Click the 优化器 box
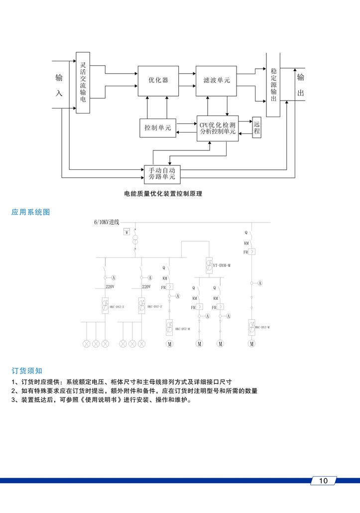pos(158,80)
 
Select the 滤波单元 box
pos(217,80)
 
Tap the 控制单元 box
pos(157,128)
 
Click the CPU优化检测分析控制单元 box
pos(217,128)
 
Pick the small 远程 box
pos(257,128)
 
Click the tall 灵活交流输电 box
pos(83,82)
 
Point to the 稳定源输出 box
pos(273,85)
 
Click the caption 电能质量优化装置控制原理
pos(163,194)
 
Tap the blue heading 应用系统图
pos(31,212)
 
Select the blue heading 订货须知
pos(27,371)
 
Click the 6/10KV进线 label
pos(107,222)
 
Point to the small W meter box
pos(126,233)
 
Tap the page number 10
pos(323,481)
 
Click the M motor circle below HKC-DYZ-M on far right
pos(252,344)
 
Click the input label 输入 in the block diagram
pos(59,85)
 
